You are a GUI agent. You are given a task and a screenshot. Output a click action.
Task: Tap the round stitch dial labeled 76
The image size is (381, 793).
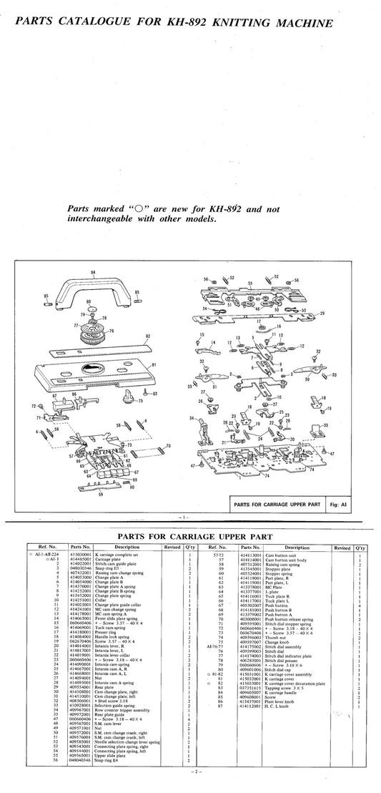pos(92,334)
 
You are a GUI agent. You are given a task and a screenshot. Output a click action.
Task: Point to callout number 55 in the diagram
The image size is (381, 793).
pos(250,283)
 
